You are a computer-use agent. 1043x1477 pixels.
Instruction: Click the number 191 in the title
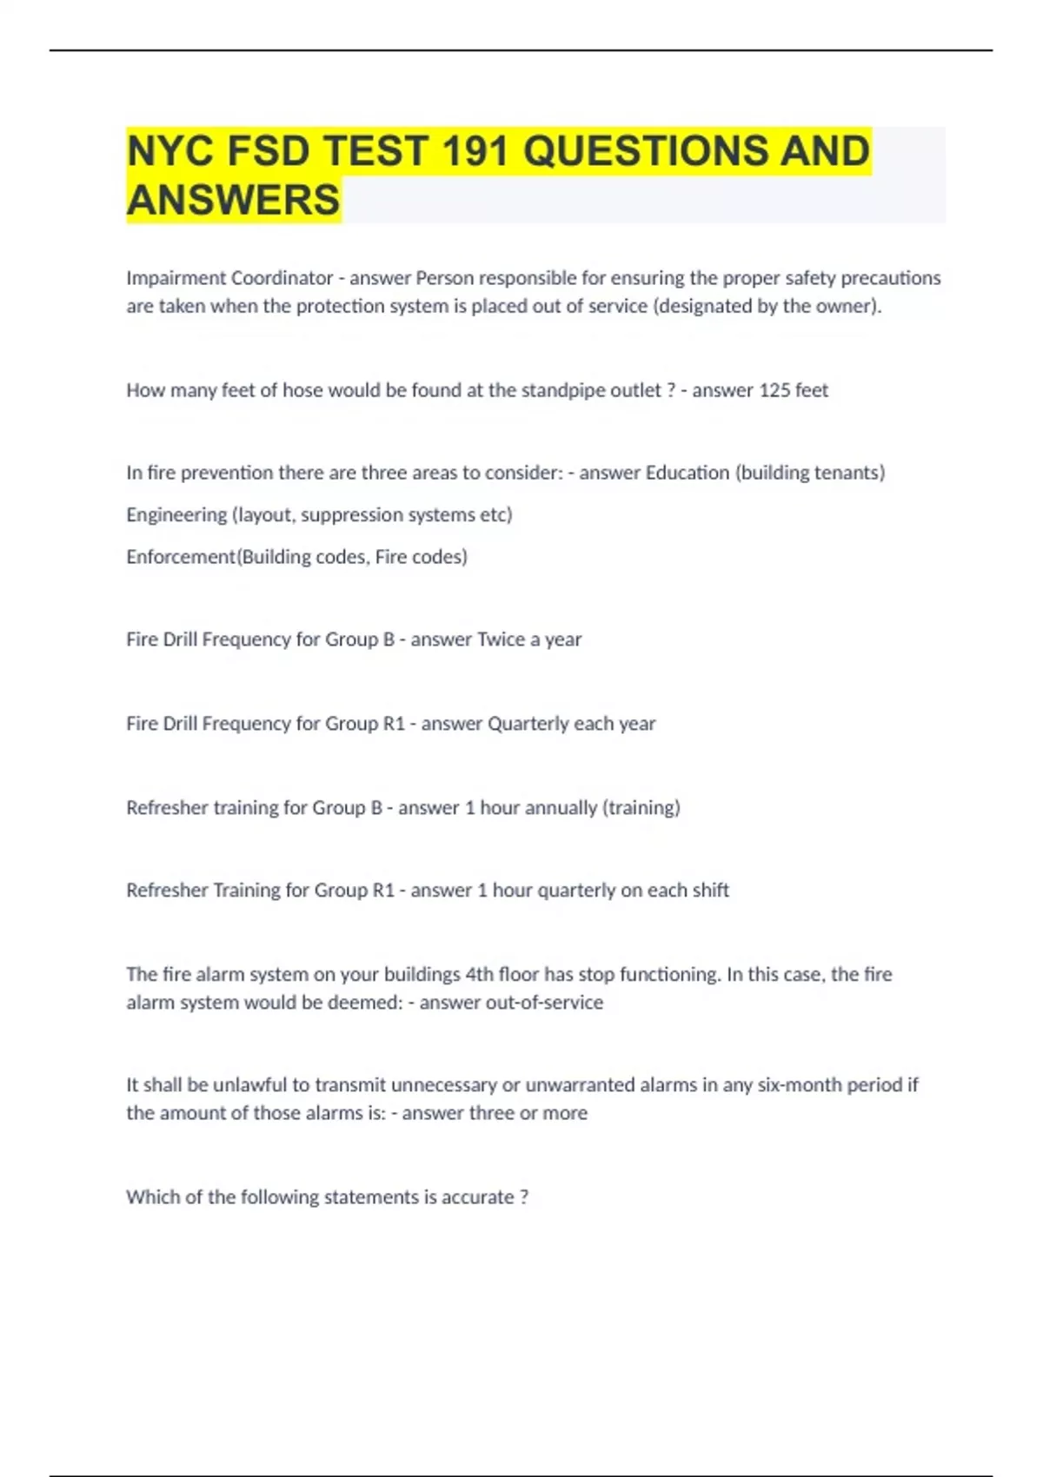[475, 151]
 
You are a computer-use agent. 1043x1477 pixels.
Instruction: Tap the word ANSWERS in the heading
[233, 200]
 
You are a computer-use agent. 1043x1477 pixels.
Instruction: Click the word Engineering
[176, 514]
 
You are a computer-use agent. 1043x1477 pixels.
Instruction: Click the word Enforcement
[181, 556]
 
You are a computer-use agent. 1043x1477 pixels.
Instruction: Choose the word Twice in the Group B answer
[501, 639]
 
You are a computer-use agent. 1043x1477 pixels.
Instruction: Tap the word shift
[711, 891]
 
